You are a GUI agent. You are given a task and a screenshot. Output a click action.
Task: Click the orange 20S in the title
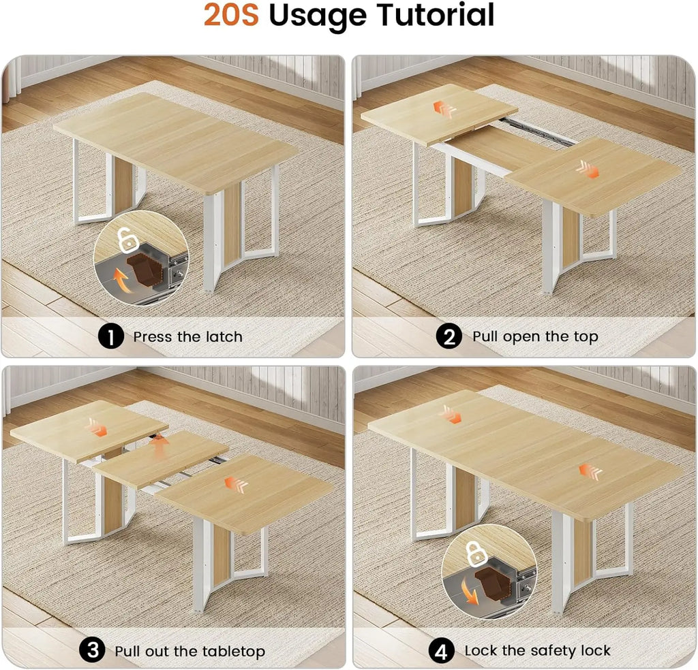[231, 16]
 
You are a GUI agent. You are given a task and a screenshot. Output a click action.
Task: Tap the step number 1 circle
[111, 336]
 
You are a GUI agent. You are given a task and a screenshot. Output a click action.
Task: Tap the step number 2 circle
[449, 336]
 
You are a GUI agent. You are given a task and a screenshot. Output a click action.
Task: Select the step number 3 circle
[92, 650]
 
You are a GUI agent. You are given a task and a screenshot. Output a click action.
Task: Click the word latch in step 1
[224, 336]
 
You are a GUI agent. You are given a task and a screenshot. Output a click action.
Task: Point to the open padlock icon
[126, 239]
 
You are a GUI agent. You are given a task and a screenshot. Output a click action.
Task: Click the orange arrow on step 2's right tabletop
[588, 169]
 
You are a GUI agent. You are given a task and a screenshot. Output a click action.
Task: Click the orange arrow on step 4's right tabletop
[590, 471]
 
